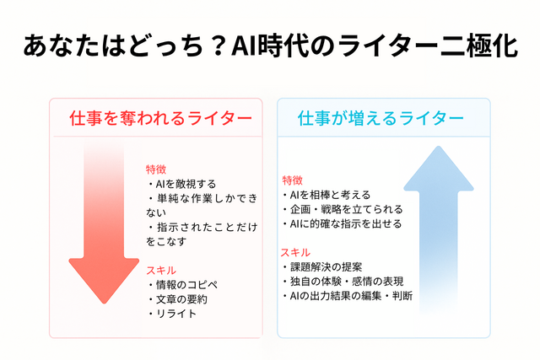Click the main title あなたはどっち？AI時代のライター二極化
click(270, 45)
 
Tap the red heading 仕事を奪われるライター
click(161, 118)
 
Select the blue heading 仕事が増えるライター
click(381, 118)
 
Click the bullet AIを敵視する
click(181, 184)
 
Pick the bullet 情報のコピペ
click(183, 285)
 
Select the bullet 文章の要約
click(177, 299)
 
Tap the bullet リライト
click(172, 314)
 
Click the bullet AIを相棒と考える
click(326, 195)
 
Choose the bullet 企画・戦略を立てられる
click(342, 209)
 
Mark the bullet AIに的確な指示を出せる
click(342, 223)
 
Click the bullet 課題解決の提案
click(321, 267)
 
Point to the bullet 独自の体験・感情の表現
click(343, 282)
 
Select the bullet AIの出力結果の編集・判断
click(347, 296)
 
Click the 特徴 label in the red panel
click(156, 169)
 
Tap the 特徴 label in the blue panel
click(293, 180)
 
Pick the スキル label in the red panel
click(161, 271)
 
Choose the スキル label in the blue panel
click(295, 253)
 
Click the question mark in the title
click(217, 46)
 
